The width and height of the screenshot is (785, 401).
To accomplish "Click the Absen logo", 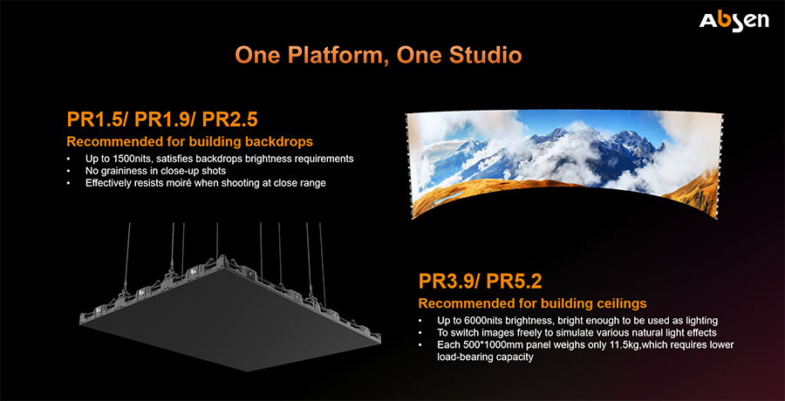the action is (x=734, y=22).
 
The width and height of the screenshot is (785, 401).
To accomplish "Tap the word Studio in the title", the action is (x=485, y=56).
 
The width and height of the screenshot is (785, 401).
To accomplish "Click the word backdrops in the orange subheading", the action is (x=281, y=142).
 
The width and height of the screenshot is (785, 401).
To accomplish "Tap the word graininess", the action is (x=120, y=171).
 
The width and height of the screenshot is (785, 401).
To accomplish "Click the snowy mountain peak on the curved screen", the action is (x=553, y=135).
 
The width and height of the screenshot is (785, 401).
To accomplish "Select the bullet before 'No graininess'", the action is (x=69, y=171).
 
